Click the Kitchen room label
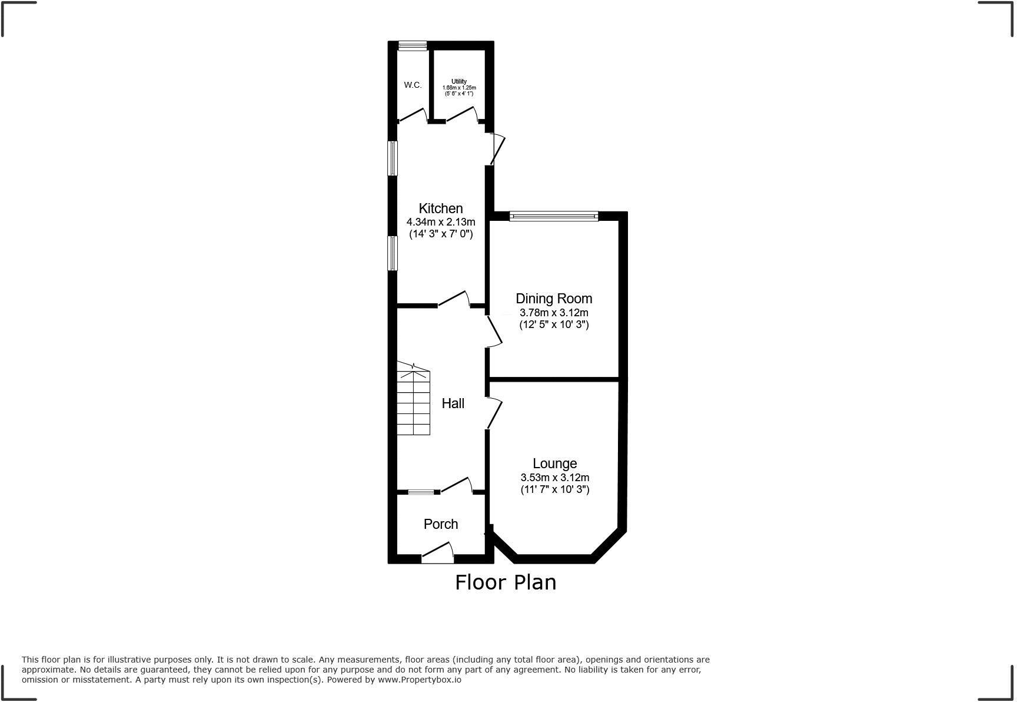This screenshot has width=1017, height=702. pyautogui.click(x=440, y=208)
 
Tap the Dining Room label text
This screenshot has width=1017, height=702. pyautogui.click(x=553, y=299)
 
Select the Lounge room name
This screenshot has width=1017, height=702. pyautogui.click(x=554, y=463)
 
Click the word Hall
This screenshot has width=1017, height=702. pyautogui.click(x=453, y=403)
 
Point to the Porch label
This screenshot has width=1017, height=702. pyautogui.click(x=440, y=524)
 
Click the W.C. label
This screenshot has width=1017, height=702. pyautogui.click(x=413, y=85)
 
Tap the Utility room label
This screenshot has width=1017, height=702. pyautogui.click(x=459, y=81)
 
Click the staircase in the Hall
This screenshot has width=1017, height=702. pyautogui.click(x=413, y=400)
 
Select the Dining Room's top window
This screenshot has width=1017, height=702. pyautogui.click(x=553, y=216)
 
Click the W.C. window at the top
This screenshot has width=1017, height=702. pyautogui.click(x=412, y=45)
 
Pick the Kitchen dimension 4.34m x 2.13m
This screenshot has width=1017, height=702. pyautogui.click(x=440, y=222)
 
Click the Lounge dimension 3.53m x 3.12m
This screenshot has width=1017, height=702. pyautogui.click(x=554, y=478)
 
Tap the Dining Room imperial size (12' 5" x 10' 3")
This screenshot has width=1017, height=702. pyautogui.click(x=553, y=324)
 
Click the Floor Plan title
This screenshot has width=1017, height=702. pyautogui.click(x=506, y=582)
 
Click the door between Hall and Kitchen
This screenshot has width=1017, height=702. pyautogui.click(x=454, y=299)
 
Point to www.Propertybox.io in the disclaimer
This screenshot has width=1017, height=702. pyautogui.click(x=419, y=680)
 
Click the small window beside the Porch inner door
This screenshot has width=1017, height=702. pyautogui.click(x=421, y=492)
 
